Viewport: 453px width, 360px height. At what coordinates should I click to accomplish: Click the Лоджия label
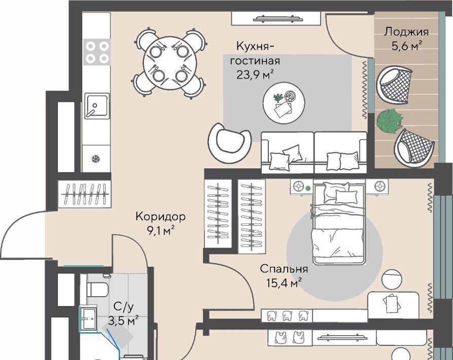tap(406, 32)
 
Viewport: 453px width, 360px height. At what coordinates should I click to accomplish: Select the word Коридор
tap(161, 217)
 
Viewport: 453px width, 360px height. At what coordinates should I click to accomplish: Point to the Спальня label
tap(284, 269)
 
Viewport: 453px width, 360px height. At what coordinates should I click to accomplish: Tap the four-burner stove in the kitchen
tap(97, 52)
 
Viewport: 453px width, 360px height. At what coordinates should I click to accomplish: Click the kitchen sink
tap(97, 105)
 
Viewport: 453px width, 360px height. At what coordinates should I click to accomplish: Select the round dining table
tap(170, 63)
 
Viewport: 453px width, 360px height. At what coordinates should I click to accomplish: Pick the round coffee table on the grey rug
tap(284, 103)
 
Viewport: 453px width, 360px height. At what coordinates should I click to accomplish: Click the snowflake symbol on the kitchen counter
tap(96, 159)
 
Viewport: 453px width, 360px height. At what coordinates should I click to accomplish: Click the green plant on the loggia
tap(390, 121)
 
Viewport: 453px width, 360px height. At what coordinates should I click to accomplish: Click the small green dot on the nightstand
tap(308, 189)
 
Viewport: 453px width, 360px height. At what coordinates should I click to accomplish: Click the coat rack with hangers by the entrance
tap(84, 194)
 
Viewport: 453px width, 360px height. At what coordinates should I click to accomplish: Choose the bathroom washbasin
tap(88, 319)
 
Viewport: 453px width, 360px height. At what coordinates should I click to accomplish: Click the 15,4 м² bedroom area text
tap(284, 283)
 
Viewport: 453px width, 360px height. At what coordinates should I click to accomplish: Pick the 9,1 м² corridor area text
tap(161, 231)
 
